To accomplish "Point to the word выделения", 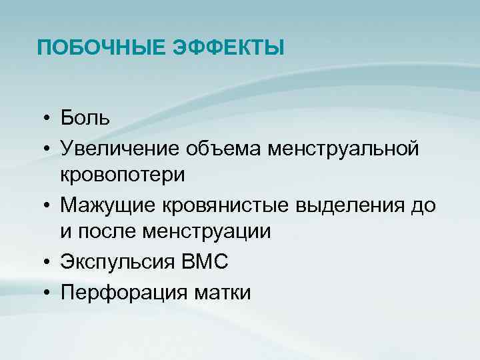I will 351,204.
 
